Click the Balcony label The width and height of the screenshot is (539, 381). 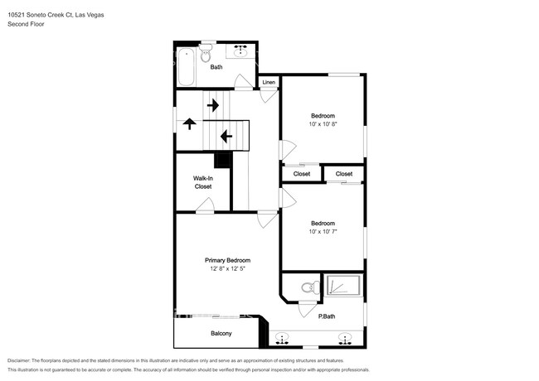click(x=220, y=333)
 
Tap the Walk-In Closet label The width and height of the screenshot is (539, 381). click(x=203, y=182)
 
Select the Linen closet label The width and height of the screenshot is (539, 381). click(x=269, y=83)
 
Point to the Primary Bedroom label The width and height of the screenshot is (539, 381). click(x=227, y=260)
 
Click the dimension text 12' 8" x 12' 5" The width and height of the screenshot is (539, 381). click(x=227, y=268)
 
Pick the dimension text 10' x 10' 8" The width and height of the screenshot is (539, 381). click(x=323, y=123)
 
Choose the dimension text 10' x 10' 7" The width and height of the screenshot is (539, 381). click(x=323, y=231)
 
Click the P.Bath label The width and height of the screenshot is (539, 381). click(x=327, y=316)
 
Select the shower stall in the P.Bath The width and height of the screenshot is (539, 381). click(x=343, y=287)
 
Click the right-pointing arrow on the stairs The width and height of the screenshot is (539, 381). click(x=212, y=105)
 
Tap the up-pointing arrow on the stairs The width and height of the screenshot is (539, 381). click(x=189, y=124)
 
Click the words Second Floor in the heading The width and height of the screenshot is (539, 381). click(x=26, y=24)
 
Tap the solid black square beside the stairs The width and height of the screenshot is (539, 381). click(x=222, y=161)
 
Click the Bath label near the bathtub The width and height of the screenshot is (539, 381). click(x=216, y=67)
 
